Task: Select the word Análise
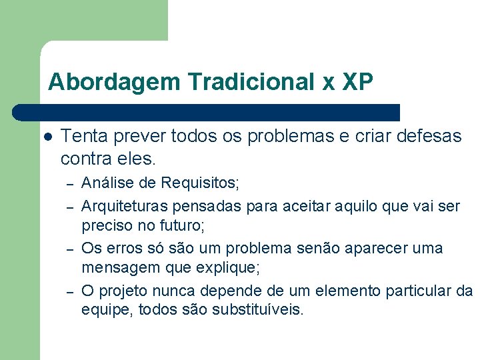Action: tap(105, 182)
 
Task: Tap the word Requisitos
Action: tap(199, 182)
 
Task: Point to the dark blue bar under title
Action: tap(207, 112)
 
